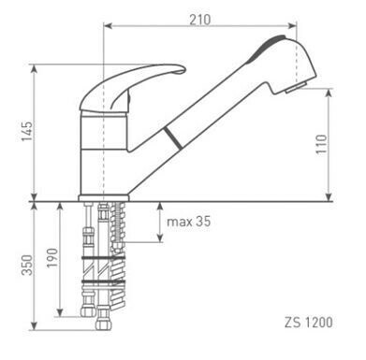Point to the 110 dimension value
[x=346, y=145]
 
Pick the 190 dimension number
[x=52, y=258]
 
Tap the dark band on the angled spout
[x=171, y=138]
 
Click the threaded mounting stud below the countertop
[x=117, y=243]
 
